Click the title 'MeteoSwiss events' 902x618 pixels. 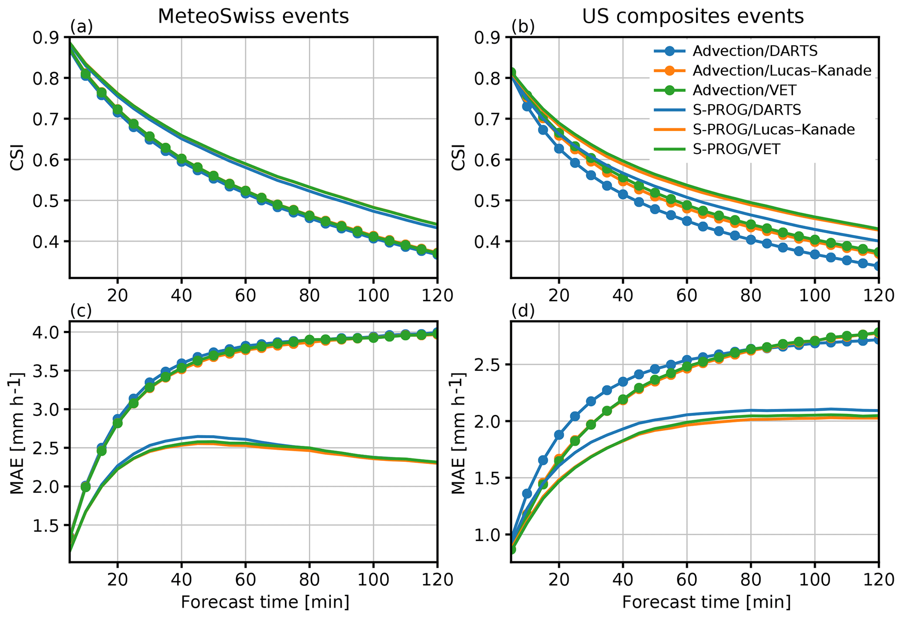(x=253, y=17)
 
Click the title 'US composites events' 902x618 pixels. (x=693, y=17)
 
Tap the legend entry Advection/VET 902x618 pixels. (x=744, y=90)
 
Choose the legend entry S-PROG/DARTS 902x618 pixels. (x=747, y=110)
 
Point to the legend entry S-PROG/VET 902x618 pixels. (x=736, y=149)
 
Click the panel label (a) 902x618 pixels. (x=82, y=27)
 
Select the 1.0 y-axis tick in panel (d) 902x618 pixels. (x=490, y=535)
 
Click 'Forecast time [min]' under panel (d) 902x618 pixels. (x=706, y=602)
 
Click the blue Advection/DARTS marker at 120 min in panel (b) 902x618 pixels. (x=878, y=266)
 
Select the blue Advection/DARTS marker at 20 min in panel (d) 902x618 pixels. (x=559, y=435)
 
